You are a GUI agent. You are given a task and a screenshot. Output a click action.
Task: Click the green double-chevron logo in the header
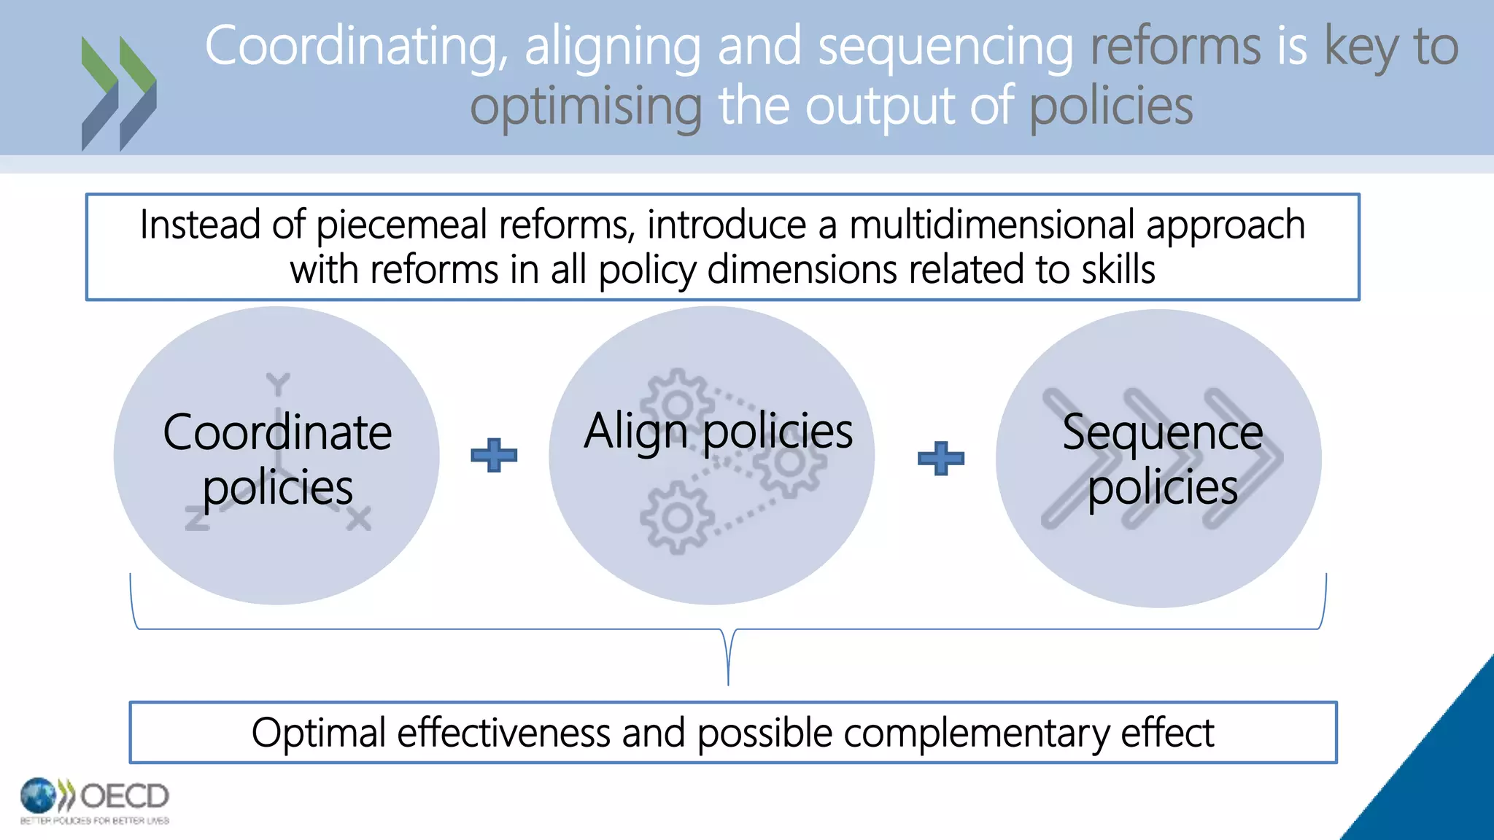tap(119, 93)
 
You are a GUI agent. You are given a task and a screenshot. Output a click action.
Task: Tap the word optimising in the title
tap(586, 106)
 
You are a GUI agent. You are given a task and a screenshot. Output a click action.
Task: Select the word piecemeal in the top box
tap(401, 225)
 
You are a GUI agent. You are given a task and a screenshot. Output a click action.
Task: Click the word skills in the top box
tap(1118, 270)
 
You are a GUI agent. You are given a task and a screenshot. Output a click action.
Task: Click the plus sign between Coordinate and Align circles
tap(494, 456)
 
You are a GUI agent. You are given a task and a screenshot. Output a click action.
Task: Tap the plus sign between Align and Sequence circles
tap(940, 459)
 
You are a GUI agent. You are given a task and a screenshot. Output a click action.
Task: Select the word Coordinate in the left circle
tap(277, 432)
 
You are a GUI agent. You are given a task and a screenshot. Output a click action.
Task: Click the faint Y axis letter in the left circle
tap(278, 384)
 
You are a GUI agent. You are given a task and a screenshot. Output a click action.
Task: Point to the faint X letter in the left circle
tap(359, 519)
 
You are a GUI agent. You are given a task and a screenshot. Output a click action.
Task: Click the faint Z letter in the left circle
tap(197, 519)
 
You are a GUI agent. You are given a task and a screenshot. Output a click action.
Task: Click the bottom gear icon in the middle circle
tap(677, 518)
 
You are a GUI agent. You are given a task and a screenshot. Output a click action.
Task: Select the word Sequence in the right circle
tap(1162, 432)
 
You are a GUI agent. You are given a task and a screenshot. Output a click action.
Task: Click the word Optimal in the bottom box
tap(318, 733)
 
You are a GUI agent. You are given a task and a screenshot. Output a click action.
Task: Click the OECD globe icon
tap(38, 796)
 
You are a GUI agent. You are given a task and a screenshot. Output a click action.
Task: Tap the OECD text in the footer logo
tap(124, 796)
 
